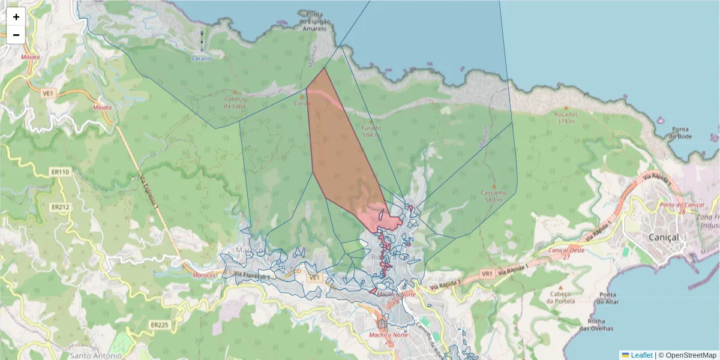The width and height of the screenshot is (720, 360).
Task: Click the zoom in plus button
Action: click(16, 17)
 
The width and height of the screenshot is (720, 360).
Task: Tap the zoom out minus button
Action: click(16, 35)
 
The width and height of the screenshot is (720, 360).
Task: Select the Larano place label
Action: click(201, 58)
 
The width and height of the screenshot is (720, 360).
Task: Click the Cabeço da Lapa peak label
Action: click(236, 103)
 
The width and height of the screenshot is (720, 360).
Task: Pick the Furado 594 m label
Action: click(371, 131)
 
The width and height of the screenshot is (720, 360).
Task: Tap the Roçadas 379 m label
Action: click(566, 118)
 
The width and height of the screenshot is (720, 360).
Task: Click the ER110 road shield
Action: click(61, 172)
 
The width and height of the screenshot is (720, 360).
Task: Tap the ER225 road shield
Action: click(160, 325)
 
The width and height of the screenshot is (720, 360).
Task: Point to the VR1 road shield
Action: click(487, 274)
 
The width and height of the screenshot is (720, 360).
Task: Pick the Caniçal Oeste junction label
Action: click(566, 253)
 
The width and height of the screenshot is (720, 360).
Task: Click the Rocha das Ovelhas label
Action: click(596, 325)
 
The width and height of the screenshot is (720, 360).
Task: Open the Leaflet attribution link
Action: click(641, 355)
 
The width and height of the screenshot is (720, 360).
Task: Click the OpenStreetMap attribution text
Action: click(691, 355)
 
